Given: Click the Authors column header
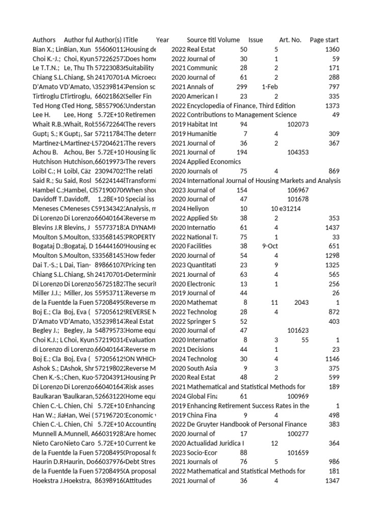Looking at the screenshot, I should pyautogui.click(x=44, y=40).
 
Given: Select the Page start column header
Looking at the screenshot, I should pyautogui.click(x=324, y=40).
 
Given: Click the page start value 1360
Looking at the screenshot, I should pyautogui.click(x=331, y=49).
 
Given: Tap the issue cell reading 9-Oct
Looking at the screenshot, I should pyautogui.click(x=270, y=246).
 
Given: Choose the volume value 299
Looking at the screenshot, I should pyautogui.click(x=241, y=87).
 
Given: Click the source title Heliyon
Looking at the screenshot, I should pyautogui.click(x=198, y=208).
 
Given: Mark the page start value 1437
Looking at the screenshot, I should pyautogui.click(x=331, y=227).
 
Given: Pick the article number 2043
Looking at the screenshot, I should pyautogui.click(x=301, y=302).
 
